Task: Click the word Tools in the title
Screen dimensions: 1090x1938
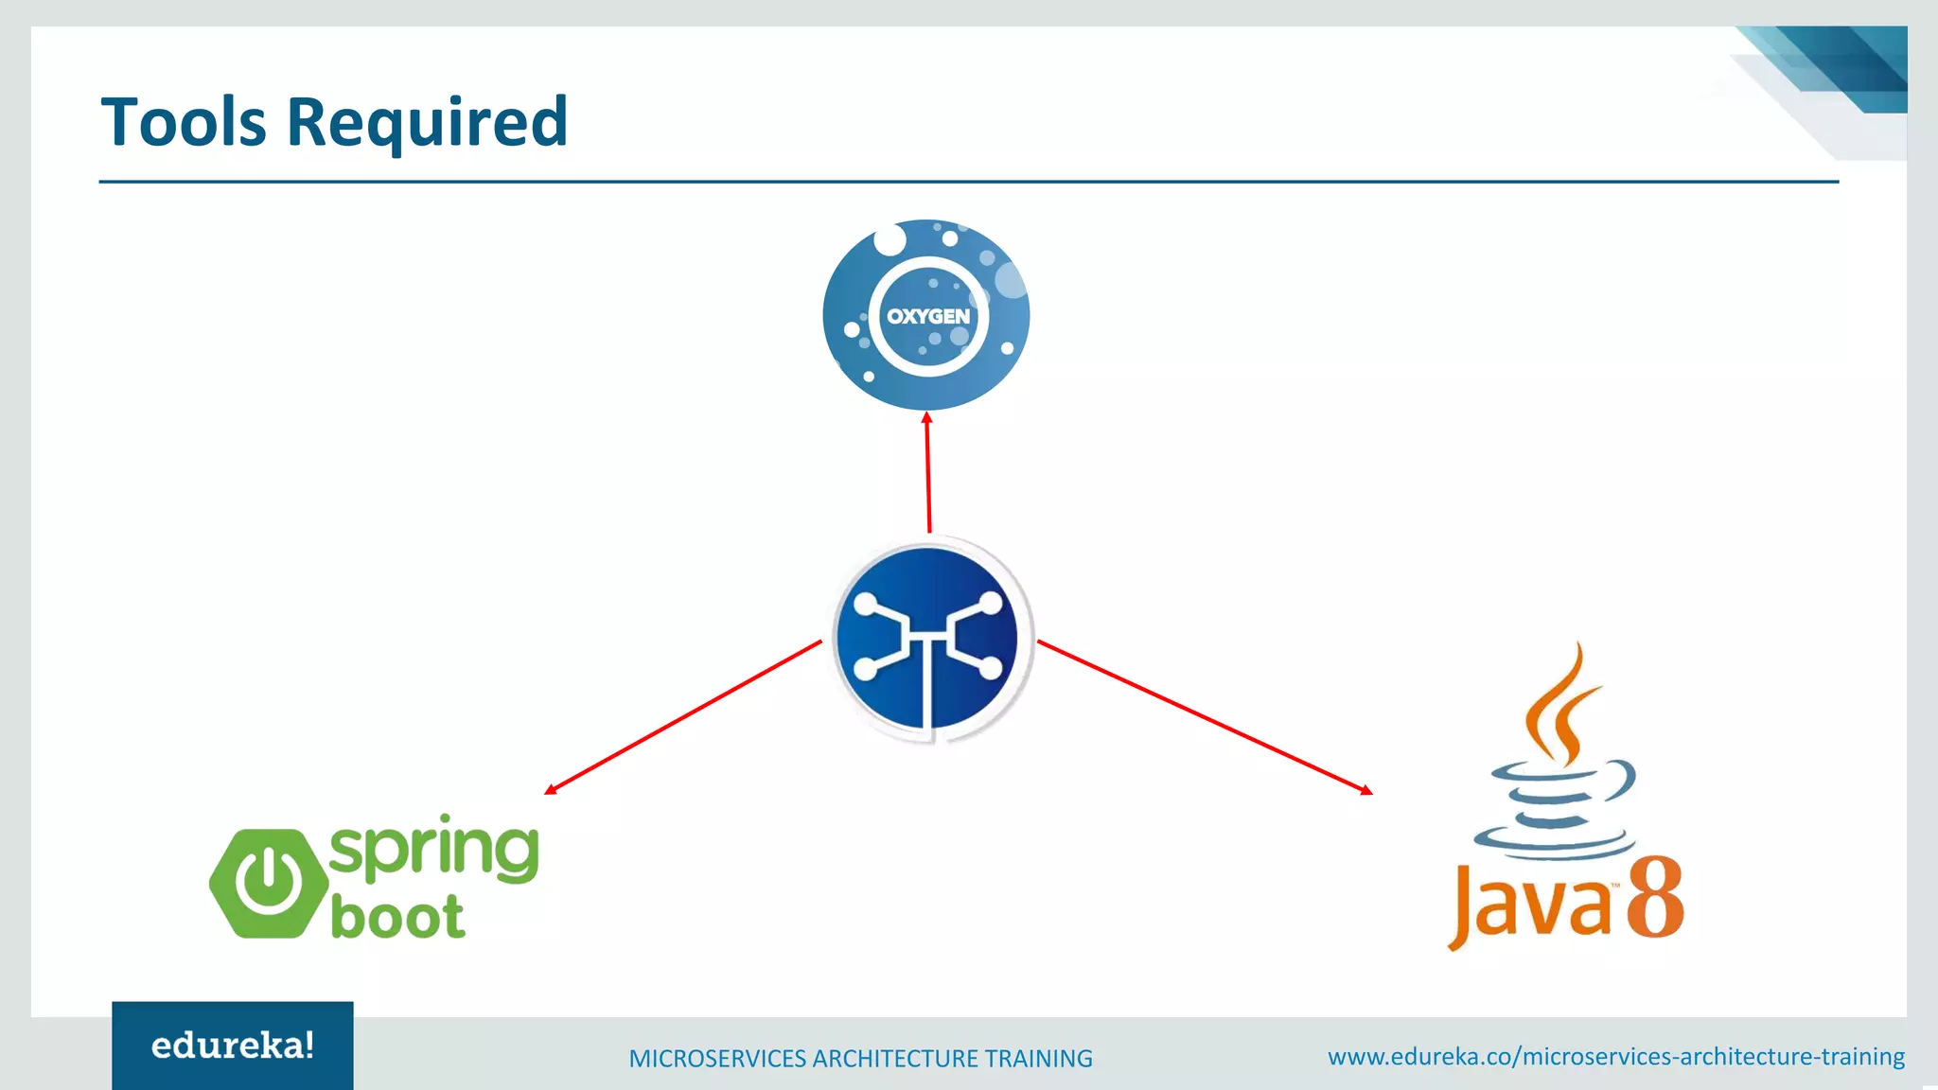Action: click(184, 122)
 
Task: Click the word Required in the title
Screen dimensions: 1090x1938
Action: click(427, 124)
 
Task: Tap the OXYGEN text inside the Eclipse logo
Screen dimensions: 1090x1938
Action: click(927, 316)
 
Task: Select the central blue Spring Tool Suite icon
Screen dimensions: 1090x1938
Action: click(928, 639)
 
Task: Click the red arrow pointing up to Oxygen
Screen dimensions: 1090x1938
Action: click(928, 473)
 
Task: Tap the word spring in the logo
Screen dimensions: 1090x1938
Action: click(433, 849)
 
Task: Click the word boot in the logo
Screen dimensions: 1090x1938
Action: click(397, 917)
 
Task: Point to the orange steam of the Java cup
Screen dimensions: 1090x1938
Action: click(1561, 705)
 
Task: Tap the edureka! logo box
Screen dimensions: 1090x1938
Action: click(233, 1046)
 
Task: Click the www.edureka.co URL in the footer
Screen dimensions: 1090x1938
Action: click(1615, 1056)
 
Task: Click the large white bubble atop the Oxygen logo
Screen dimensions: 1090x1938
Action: click(890, 239)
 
